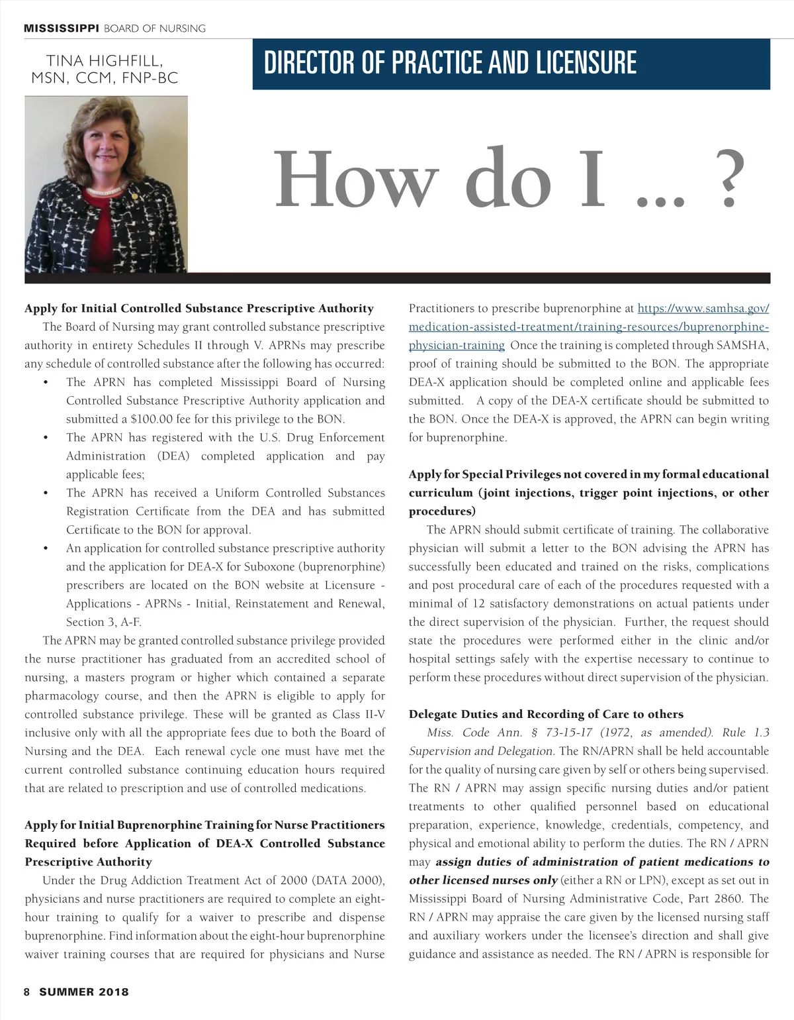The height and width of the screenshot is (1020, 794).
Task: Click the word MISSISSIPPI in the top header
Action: point(62,28)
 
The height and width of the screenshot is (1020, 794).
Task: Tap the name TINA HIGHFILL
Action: point(105,61)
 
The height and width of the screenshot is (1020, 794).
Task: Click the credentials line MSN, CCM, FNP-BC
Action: point(105,78)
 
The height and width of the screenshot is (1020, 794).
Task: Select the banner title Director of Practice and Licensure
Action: point(450,63)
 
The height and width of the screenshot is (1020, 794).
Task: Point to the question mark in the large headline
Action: point(727,180)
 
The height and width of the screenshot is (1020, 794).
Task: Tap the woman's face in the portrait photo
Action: point(106,154)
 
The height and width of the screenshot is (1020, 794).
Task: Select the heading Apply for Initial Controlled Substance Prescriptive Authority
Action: point(199,308)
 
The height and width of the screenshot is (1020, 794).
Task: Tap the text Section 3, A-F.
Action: point(104,622)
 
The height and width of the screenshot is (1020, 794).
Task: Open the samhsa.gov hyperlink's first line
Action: point(703,308)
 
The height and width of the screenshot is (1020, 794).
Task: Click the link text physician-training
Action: point(457,345)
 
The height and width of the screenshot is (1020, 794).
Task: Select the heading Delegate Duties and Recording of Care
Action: point(546,714)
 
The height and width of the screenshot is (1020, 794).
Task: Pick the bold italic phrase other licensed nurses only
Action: point(483,880)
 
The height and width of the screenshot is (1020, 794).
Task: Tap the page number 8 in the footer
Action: point(27,992)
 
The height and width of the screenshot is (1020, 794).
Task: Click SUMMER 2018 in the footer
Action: point(84,992)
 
